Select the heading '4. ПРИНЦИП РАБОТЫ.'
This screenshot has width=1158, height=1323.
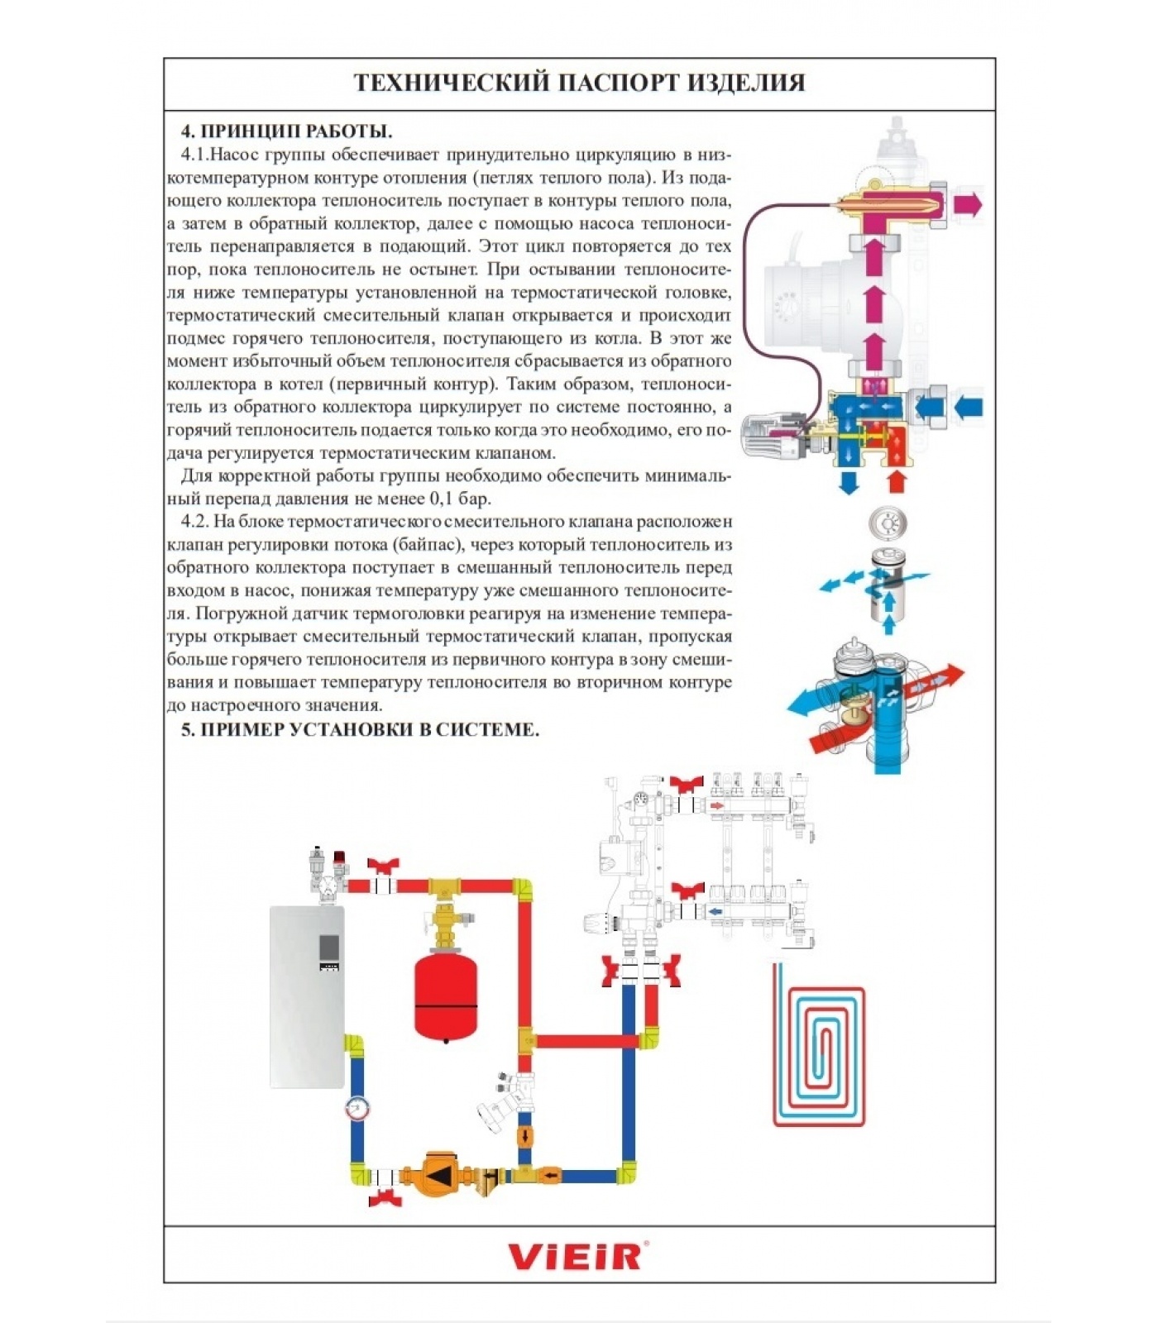point(286,131)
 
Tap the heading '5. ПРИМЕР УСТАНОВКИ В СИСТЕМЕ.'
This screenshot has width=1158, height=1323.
point(360,729)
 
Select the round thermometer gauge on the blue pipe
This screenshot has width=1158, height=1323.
point(356,1107)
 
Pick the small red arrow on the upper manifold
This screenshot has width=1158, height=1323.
point(718,805)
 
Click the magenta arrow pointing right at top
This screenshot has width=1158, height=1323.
point(967,203)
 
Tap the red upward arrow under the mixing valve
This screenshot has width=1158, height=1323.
point(895,481)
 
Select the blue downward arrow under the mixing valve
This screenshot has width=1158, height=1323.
point(848,483)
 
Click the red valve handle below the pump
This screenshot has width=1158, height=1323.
point(385,1197)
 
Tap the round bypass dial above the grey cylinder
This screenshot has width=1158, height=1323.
point(888,523)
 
